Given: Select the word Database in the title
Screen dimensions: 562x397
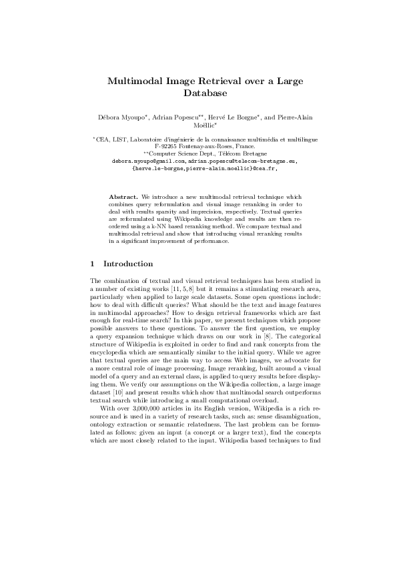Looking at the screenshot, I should click(x=198, y=93).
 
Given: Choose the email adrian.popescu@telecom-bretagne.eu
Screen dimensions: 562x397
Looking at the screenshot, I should click(x=242, y=161).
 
